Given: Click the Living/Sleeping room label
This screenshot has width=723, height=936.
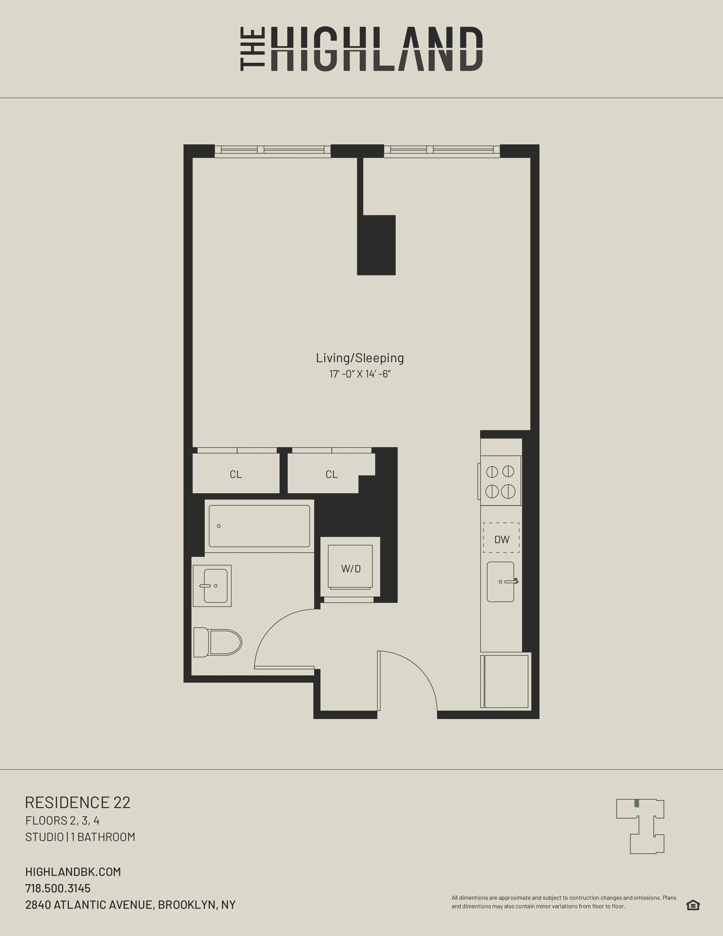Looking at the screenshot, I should pos(360,358).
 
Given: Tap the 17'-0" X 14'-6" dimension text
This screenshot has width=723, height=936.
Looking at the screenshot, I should pos(360,374).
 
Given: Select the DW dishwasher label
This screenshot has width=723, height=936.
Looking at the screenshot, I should pos(502,539).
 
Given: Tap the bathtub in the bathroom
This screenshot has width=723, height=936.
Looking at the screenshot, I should pos(259,526).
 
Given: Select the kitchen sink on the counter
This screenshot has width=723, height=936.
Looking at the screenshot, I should pos(500,581).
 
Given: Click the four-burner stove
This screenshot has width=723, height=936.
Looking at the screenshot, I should pos(500,481).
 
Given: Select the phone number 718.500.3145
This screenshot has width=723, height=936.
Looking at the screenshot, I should pos(58,888).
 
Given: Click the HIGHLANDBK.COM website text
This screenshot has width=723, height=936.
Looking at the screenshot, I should pos(73,872).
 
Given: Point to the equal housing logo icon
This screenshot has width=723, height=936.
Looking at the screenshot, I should pos(693,905).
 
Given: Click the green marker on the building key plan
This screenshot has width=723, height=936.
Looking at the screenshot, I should pos(637,803).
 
